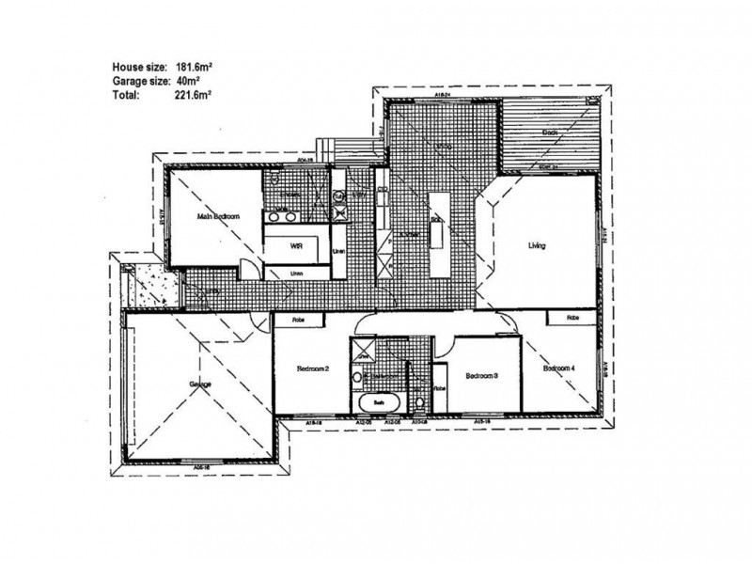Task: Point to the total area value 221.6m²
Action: click(x=189, y=95)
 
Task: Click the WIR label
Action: click(x=297, y=246)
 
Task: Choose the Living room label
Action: click(x=537, y=246)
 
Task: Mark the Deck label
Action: click(x=551, y=133)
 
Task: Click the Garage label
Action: click(x=199, y=385)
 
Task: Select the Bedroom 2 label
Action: click(x=314, y=369)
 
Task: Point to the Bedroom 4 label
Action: click(x=561, y=369)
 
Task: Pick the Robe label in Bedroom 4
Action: click(x=573, y=320)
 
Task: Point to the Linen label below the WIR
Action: click(x=296, y=273)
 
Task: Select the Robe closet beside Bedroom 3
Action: click(x=439, y=386)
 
